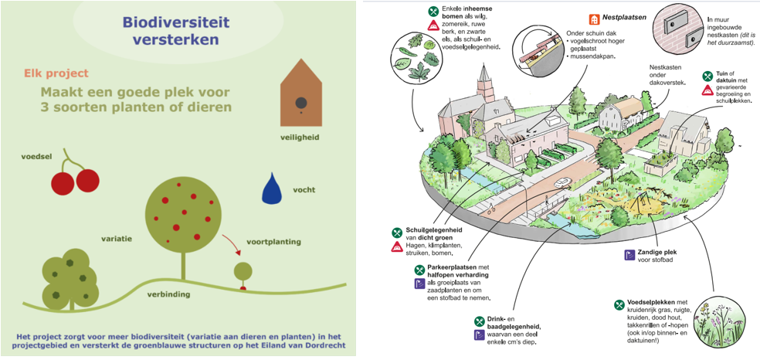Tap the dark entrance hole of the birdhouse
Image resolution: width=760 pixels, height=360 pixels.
pyautogui.click(x=301, y=102)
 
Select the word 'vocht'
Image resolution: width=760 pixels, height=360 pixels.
pyautogui.click(x=304, y=190)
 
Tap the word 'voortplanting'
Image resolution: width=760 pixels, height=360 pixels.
pyautogui.click(x=273, y=241)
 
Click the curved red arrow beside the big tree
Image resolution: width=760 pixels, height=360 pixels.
pyautogui.click(x=231, y=245)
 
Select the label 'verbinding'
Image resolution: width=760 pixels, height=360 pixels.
pyautogui.click(x=168, y=294)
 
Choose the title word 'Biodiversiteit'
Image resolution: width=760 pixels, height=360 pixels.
pyautogui.click(x=175, y=22)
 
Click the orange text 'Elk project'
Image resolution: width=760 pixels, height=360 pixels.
pyautogui.click(x=56, y=73)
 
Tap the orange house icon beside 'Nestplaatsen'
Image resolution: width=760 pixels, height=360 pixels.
pyautogui.click(x=594, y=19)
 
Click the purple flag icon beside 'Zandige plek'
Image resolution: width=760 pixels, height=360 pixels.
pyautogui.click(x=629, y=255)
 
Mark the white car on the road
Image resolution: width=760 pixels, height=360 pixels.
pyautogui.click(x=562, y=182)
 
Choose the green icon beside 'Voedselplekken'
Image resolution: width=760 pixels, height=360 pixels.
pyautogui.click(x=619, y=305)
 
